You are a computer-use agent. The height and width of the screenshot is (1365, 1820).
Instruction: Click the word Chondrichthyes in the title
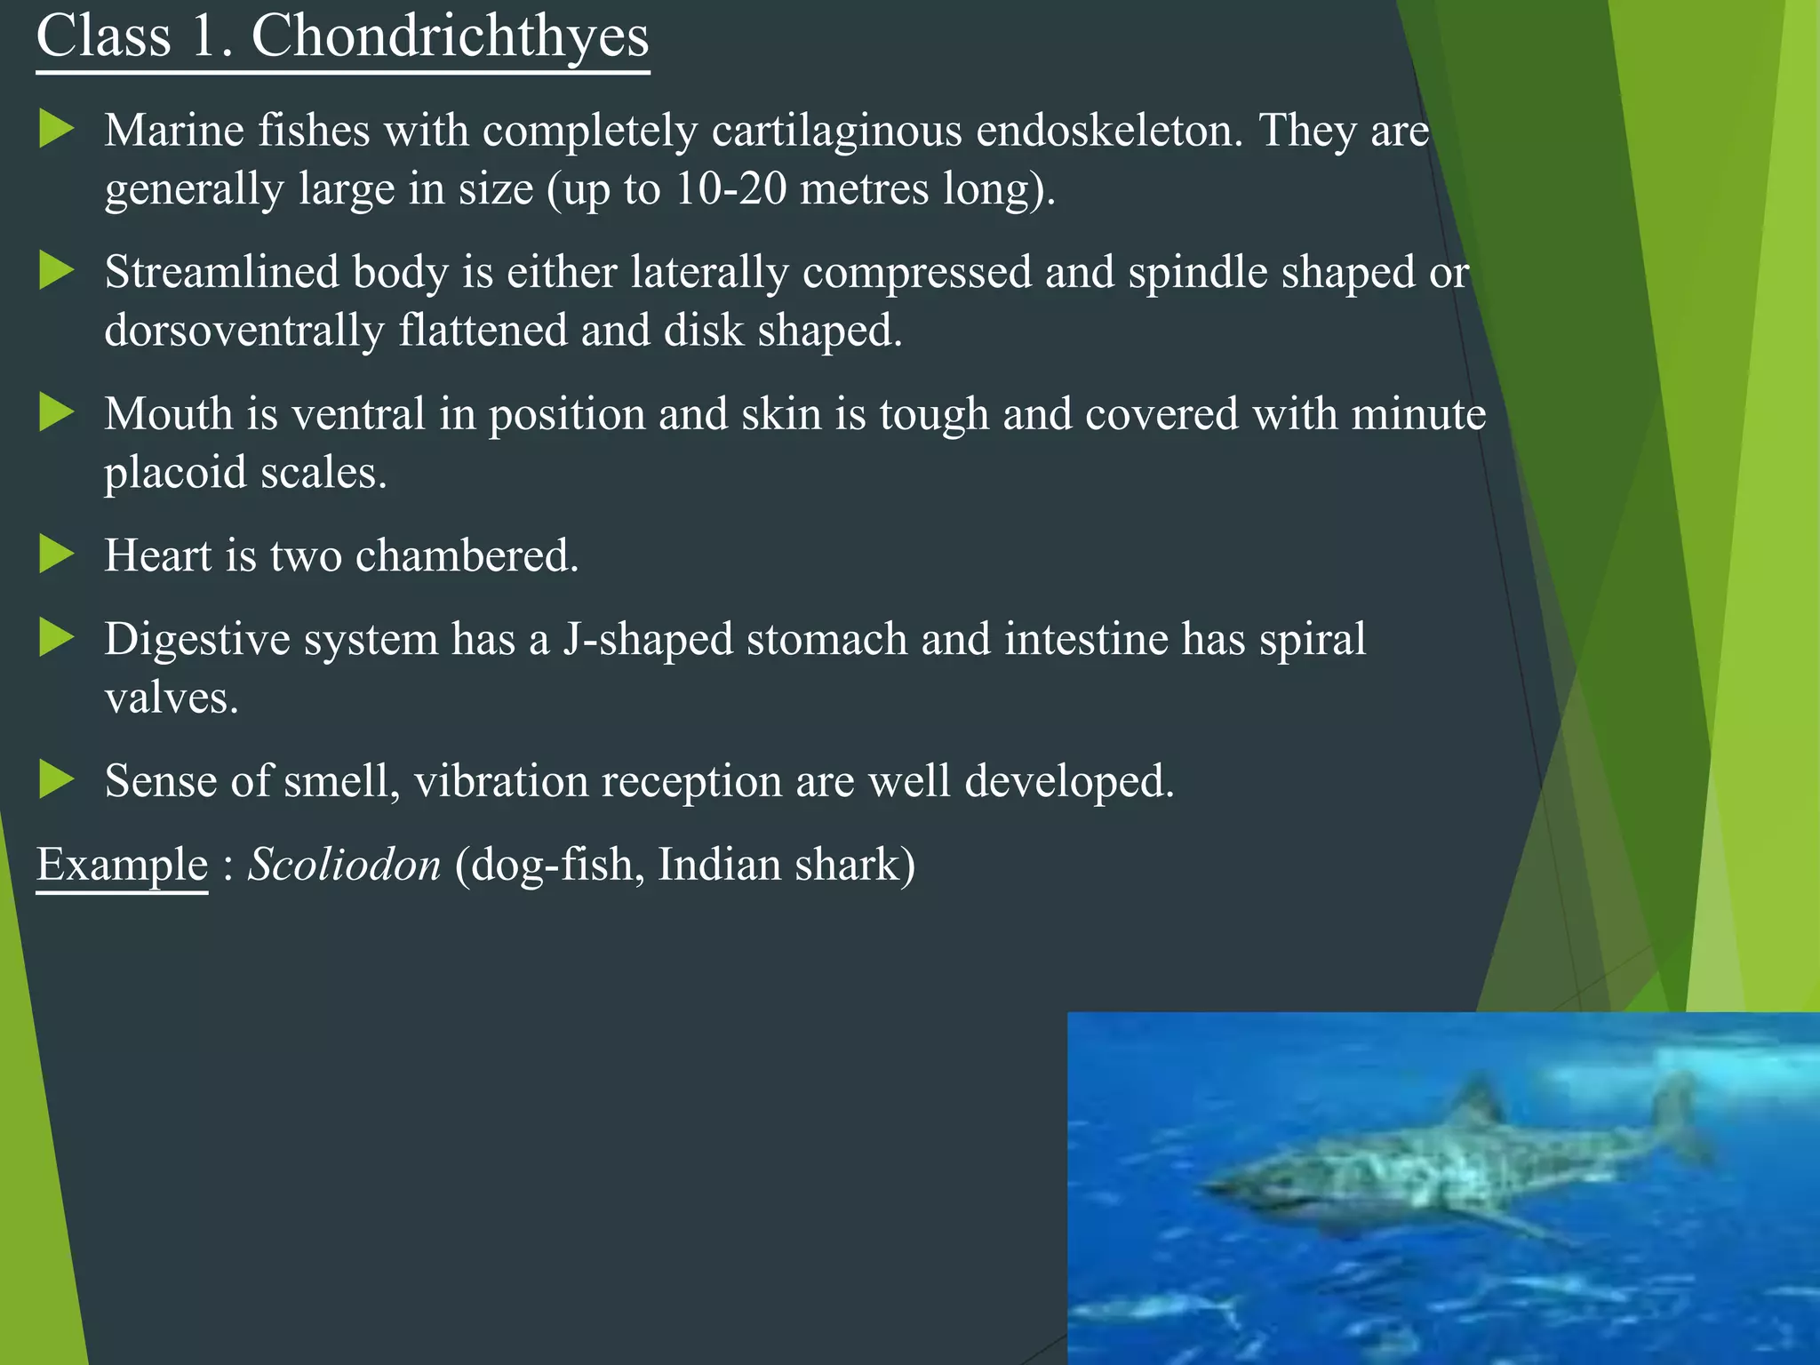click(450, 37)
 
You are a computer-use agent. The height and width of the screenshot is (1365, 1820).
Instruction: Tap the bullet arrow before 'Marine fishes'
click(56, 130)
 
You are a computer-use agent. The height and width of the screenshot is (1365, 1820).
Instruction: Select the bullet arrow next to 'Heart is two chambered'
click(56, 555)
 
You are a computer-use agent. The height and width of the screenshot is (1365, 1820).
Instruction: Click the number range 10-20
click(730, 188)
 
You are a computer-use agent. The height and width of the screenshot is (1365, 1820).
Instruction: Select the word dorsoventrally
click(243, 331)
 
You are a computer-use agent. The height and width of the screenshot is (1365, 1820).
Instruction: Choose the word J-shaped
click(647, 640)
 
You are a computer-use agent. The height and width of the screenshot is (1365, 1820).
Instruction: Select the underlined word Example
click(122, 865)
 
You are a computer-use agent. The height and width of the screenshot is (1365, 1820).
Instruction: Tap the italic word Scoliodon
click(344, 865)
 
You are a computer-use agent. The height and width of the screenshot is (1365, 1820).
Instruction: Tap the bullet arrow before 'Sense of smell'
click(56, 780)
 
